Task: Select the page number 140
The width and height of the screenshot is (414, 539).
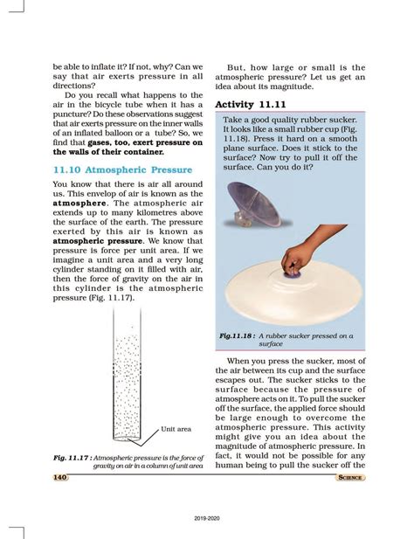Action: coord(60,477)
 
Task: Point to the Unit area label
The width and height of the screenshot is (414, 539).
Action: coord(176,429)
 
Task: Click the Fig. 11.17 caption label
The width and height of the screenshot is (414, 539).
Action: coord(72,458)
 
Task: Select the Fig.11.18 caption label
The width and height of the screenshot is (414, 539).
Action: coord(239,335)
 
